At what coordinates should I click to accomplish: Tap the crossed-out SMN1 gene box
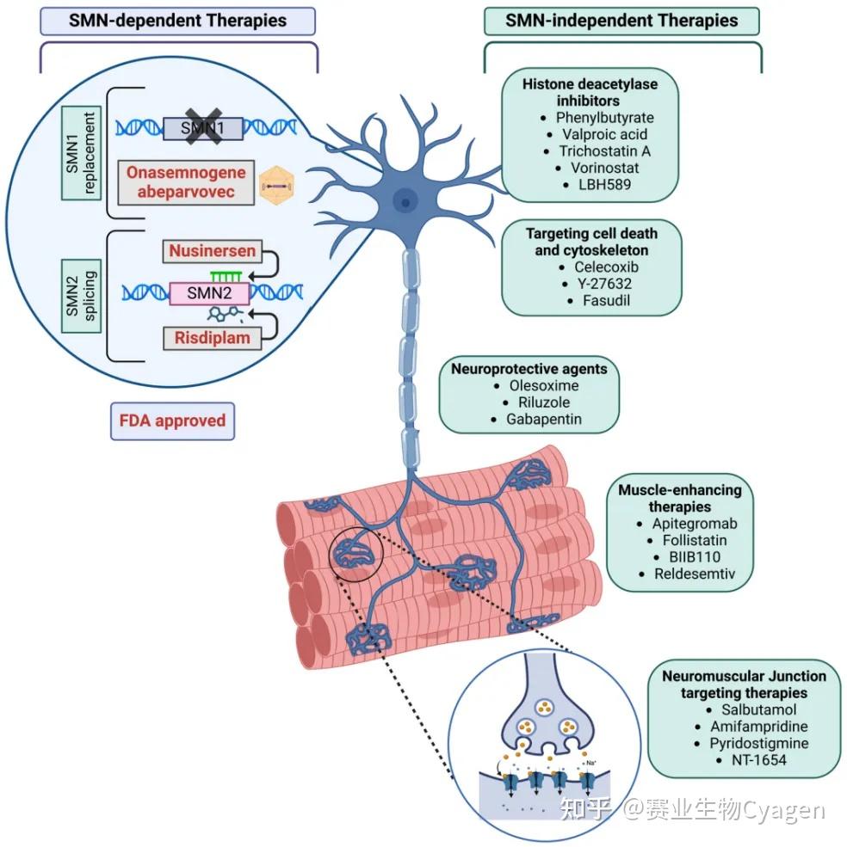click(203, 128)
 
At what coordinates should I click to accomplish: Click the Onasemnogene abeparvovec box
click(186, 181)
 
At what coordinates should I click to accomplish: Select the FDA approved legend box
click(172, 421)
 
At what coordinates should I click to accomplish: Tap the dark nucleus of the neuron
click(405, 202)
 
